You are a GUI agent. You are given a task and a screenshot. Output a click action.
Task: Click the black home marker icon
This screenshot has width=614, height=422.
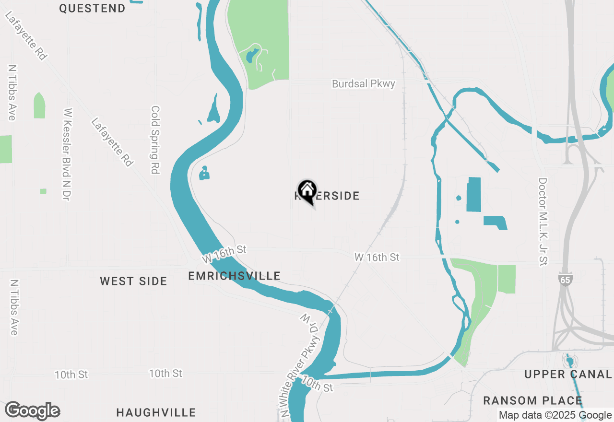[307, 191]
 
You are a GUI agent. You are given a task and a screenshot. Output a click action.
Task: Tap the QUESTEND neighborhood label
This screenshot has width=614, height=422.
[92, 8]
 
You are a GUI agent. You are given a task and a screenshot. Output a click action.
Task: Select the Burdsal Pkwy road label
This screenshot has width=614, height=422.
[364, 83]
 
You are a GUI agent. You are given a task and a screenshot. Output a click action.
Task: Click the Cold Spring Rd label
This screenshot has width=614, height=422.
[155, 140]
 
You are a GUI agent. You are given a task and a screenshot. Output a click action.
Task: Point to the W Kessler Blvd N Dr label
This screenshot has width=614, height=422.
[68, 153]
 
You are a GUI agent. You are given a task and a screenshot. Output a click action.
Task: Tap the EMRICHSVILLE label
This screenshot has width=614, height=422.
[234, 276]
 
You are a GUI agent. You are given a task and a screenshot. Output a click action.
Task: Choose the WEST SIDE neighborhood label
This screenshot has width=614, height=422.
[133, 281]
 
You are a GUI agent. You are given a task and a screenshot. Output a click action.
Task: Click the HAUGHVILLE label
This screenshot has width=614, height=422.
[156, 412]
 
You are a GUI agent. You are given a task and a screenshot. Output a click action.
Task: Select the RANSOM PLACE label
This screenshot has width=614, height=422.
[532, 400]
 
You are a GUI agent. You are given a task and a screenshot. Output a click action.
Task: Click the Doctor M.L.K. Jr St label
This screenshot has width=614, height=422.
[543, 222]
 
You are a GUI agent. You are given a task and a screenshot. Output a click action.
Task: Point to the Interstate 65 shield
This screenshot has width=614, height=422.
[566, 279]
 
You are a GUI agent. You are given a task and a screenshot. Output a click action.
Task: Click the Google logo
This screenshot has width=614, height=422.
[33, 410]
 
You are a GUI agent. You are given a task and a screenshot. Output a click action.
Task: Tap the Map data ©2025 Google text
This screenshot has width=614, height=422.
[555, 415]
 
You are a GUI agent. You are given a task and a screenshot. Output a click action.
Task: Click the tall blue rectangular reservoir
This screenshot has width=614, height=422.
[473, 194]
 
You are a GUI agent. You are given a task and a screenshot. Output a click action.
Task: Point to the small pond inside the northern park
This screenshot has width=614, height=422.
[250, 57]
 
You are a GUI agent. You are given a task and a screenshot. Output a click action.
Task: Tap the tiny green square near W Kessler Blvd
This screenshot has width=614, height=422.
[43, 191]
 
